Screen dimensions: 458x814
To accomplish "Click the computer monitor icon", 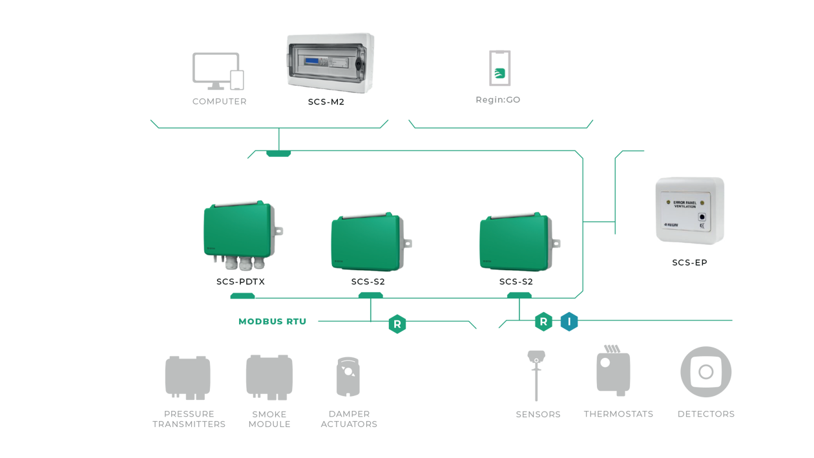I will point(215,68).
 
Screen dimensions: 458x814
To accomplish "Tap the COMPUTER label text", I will point(219,101).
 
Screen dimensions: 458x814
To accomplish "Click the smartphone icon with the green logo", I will point(499,68).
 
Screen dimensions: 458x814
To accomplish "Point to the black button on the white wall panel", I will point(702,218).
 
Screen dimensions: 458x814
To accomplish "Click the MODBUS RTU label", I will point(272,321).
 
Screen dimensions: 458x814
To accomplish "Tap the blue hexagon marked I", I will point(569,321).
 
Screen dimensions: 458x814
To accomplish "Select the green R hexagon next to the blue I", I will point(544,321).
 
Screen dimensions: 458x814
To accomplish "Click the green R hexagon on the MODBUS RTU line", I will point(397,324).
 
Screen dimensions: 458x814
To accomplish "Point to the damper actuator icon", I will point(348,378).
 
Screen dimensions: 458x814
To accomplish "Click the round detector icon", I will point(705,372).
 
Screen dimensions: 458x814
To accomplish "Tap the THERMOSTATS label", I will point(618,413).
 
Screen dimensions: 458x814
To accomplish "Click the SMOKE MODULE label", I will point(269,419).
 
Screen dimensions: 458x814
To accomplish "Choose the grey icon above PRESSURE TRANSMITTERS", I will point(187,377).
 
